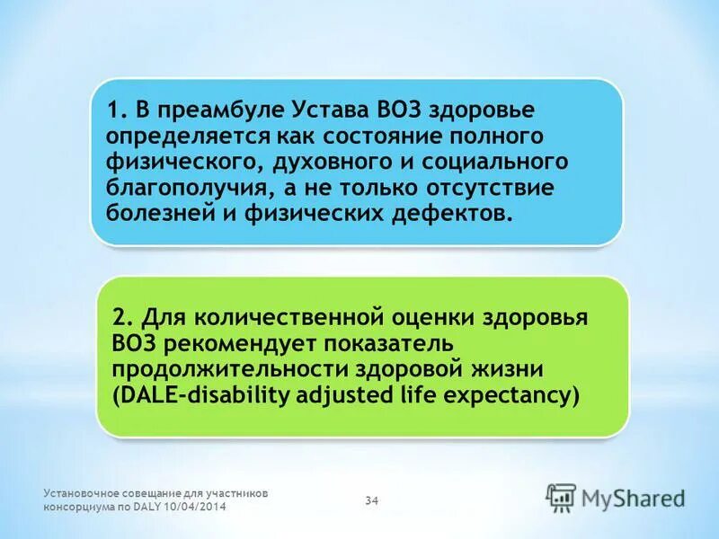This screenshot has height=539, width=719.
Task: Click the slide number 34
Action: [x=371, y=499]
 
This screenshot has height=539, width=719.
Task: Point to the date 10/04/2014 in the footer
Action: [x=197, y=508]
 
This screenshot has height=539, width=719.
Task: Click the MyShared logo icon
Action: [x=562, y=497]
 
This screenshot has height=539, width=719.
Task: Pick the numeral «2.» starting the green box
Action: [x=123, y=319]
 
